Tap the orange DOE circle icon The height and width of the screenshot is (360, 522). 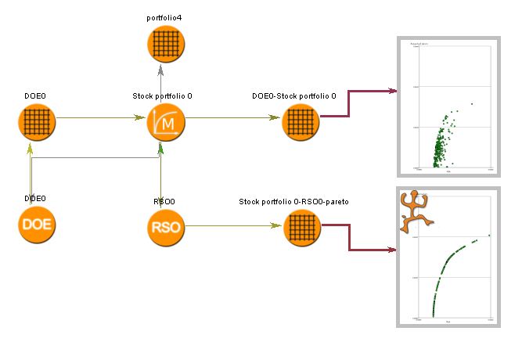pos(37,226)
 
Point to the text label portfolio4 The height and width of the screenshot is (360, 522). pos(164,17)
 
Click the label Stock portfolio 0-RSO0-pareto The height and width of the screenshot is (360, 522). pos(293,201)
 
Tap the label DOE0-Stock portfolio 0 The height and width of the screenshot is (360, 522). pos(293,95)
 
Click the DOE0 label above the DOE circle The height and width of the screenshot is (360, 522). pos(34,199)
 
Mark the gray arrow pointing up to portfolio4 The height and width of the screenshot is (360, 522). pos(160,78)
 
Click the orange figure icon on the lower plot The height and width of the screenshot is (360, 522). pos(415,211)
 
